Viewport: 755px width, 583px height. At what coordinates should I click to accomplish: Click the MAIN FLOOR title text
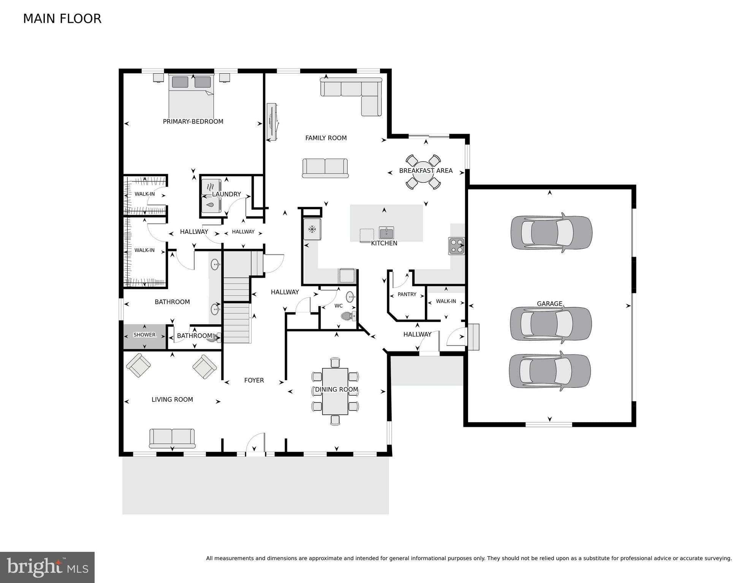click(x=62, y=19)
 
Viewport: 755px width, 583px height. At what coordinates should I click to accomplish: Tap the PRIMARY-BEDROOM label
click(x=193, y=122)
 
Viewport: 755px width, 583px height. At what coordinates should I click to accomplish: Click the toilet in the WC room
click(x=348, y=316)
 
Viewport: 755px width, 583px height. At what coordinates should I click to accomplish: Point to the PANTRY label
click(x=407, y=294)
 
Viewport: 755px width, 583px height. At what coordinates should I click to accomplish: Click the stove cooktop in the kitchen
click(x=456, y=246)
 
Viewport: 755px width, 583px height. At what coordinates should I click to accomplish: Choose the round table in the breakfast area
click(x=423, y=172)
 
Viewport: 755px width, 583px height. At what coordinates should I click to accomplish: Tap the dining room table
click(x=335, y=391)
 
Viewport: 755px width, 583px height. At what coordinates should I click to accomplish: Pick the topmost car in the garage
click(x=551, y=232)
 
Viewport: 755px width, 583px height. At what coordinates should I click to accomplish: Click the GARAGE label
click(x=549, y=303)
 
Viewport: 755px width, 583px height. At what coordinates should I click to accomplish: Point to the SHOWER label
click(x=144, y=335)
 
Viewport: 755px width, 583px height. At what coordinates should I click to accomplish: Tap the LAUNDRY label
click(x=226, y=194)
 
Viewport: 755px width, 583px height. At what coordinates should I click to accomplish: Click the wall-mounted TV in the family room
click(x=272, y=122)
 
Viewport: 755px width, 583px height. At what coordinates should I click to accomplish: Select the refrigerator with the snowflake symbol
click(x=312, y=229)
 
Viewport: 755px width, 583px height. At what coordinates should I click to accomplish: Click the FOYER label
click(x=254, y=380)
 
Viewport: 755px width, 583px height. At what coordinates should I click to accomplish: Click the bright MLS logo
click(x=47, y=567)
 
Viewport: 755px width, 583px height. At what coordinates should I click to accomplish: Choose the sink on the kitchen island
click(x=386, y=232)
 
